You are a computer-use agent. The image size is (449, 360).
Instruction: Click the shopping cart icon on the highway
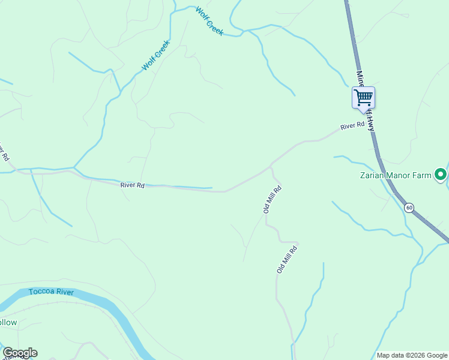(x=363, y=97)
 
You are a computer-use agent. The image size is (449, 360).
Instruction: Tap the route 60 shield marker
(x=409, y=208)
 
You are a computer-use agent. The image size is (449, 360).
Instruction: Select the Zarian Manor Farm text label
(x=396, y=175)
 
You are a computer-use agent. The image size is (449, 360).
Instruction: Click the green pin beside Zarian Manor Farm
(x=441, y=175)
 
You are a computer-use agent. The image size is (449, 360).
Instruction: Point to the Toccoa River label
(x=51, y=292)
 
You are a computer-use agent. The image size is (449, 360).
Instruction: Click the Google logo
(x=20, y=353)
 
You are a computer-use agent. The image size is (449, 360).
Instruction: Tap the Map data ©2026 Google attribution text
(x=412, y=355)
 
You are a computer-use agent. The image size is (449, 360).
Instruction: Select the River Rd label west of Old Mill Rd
(x=132, y=185)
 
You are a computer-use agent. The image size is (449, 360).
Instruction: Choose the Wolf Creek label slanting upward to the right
(x=156, y=55)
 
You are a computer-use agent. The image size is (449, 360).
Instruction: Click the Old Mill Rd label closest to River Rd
(x=272, y=199)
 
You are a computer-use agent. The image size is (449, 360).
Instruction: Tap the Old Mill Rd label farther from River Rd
(x=287, y=259)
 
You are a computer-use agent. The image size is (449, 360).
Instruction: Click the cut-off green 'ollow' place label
(x=8, y=322)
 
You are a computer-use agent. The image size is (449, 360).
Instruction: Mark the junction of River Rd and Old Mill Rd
(x=271, y=165)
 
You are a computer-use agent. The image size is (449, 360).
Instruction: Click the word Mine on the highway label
(x=360, y=79)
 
